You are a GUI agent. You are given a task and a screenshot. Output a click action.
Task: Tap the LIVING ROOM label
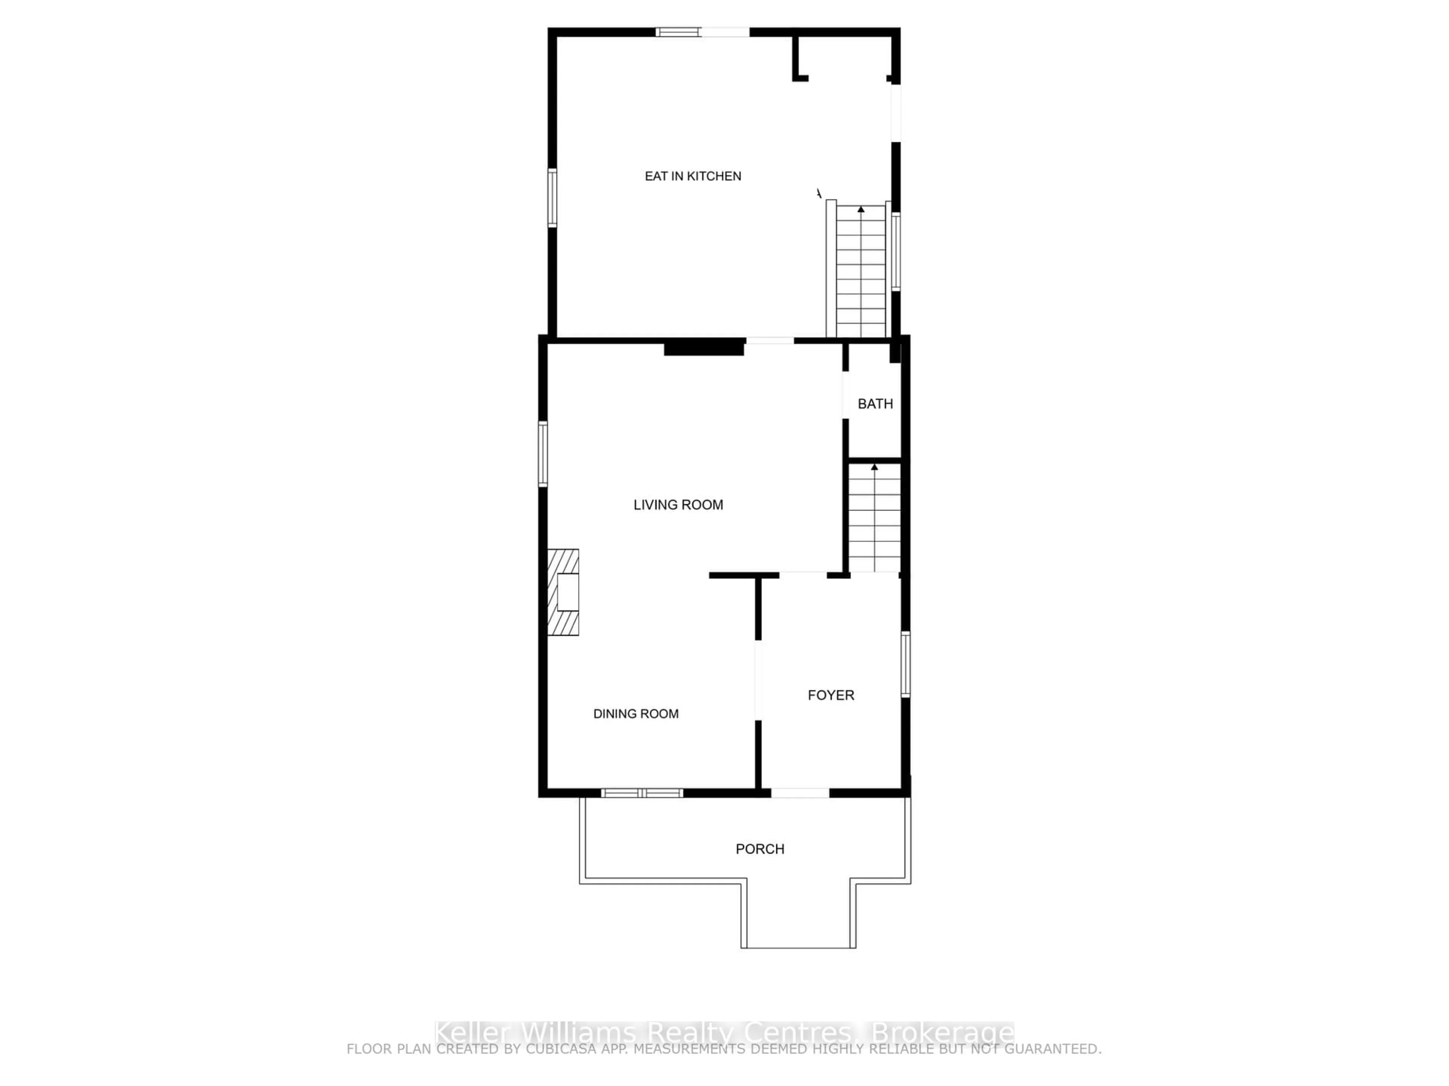tap(678, 505)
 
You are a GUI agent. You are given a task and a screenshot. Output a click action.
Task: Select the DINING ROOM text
tap(635, 713)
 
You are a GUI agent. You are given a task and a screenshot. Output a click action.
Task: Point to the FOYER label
tap(831, 695)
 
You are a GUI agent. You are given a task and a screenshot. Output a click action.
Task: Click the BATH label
tap(875, 404)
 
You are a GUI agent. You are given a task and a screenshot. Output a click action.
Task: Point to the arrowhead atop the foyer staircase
tap(875, 467)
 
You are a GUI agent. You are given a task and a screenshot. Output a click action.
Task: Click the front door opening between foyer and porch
tap(800, 793)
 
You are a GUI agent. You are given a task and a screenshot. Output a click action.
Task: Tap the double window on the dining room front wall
tap(642, 793)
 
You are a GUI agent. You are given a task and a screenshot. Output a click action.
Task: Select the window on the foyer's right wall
tap(905, 664)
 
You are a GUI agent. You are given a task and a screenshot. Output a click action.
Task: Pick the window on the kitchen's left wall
tap(552, 198)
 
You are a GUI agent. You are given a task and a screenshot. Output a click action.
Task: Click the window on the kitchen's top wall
tap(678, 31)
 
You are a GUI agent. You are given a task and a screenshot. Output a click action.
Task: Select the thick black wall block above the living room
tap(704, 348)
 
